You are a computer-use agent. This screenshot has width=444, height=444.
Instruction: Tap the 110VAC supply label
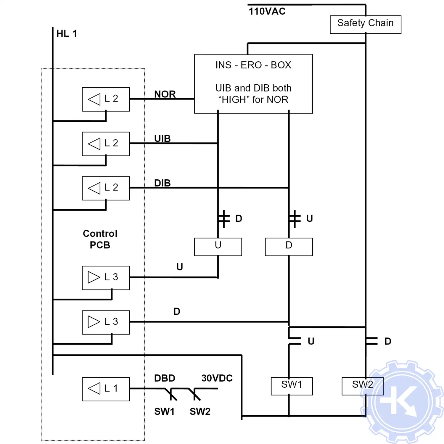click(267, 12)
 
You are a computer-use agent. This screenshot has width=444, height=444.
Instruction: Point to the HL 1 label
click(67, 33)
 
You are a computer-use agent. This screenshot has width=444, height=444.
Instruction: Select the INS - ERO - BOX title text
click(253, 65)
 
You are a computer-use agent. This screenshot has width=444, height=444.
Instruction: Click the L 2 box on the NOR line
click(106, 99)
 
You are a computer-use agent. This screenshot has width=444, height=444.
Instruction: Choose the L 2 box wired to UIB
click(106, 144)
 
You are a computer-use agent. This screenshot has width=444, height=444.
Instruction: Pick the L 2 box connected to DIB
click(106, 188)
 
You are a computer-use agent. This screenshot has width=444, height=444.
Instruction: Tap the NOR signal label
click(165, 94)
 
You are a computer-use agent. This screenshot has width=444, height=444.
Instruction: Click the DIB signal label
click(162, 183)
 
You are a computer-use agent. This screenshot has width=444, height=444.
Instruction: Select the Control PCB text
click(100, 239)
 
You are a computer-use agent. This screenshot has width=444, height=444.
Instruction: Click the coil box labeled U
click(218, 247)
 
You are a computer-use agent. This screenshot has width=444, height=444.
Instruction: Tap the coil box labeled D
click(289, 247)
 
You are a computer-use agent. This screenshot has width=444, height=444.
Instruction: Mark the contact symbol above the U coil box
click(223, 219)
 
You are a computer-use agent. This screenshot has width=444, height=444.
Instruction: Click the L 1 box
click(106, 389)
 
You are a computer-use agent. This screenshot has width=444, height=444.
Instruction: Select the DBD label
click(165, 378)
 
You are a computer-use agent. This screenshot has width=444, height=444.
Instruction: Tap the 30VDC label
click(217, 378)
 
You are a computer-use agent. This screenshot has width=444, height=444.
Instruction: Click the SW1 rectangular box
click(292, 386)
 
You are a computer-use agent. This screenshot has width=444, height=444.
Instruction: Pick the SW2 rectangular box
click(362, 386)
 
